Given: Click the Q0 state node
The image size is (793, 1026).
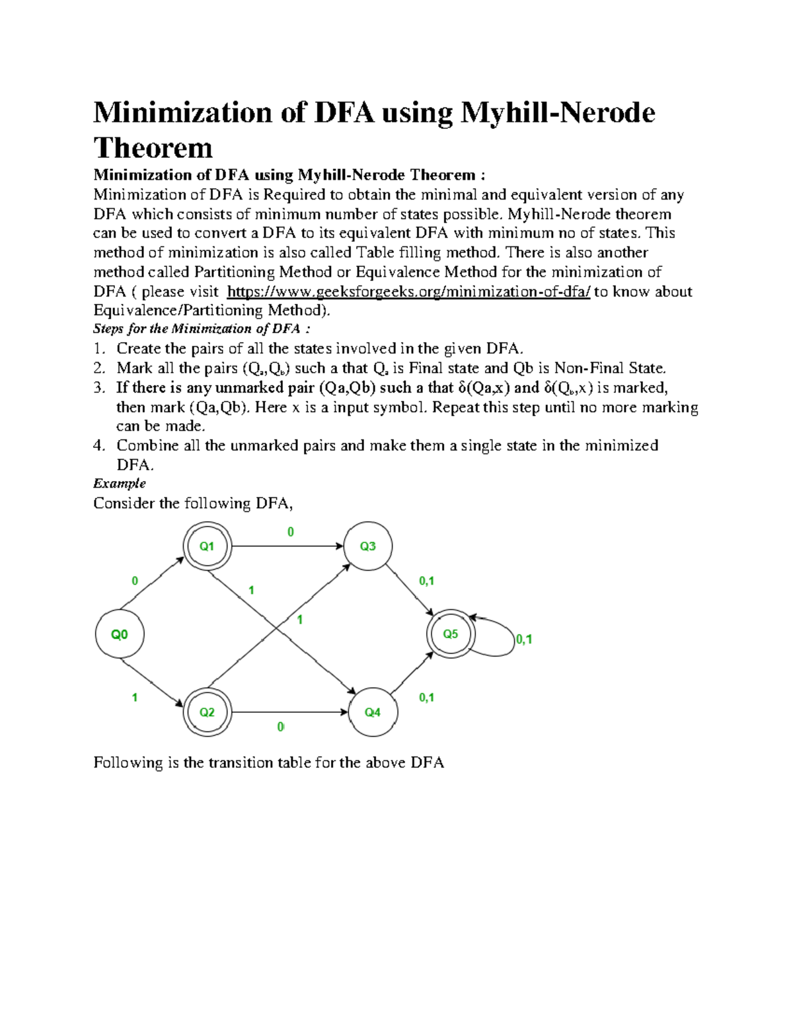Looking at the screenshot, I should click(x=120, y=634).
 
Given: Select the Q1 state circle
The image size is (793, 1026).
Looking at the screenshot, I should click(x=207, y=546).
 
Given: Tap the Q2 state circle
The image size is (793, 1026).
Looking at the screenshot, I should click(x=207, y=712).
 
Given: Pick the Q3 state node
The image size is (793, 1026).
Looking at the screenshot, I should click(x=367, y=546).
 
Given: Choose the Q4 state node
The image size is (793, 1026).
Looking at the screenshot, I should click(x=372, y=712).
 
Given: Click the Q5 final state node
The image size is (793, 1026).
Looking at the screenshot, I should click(x=450, y=634).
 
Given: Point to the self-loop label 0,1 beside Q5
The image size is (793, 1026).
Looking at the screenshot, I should click(x=524, y=640).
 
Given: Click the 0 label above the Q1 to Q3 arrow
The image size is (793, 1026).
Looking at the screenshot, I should click(x=290, y=532).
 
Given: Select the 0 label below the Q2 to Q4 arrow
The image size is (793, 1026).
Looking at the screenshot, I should click(x=280, y=727).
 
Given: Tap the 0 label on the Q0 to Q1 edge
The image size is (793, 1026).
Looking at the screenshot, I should click(x=135, y=581).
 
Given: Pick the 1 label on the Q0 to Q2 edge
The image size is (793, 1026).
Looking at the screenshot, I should click(x=135, y=697).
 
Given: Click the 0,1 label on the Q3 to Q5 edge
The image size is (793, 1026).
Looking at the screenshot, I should click(x=426, y=581).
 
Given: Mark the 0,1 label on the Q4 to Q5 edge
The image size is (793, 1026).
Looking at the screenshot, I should click(x=426, y=697).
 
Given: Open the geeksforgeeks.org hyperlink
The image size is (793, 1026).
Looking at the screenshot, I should click(x=408, y=292).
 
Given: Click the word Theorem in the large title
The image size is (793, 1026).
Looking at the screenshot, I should click(x=153, y=148).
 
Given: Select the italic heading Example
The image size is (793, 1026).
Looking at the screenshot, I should click(x=120, y=484).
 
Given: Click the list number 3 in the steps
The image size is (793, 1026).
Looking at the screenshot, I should click(x=98, y=388).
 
